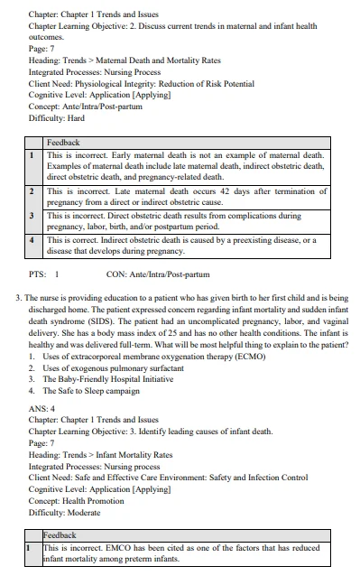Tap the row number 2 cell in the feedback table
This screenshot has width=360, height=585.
click(x=32, y=192)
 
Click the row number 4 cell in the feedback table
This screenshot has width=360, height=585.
click(x=32, y=240)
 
